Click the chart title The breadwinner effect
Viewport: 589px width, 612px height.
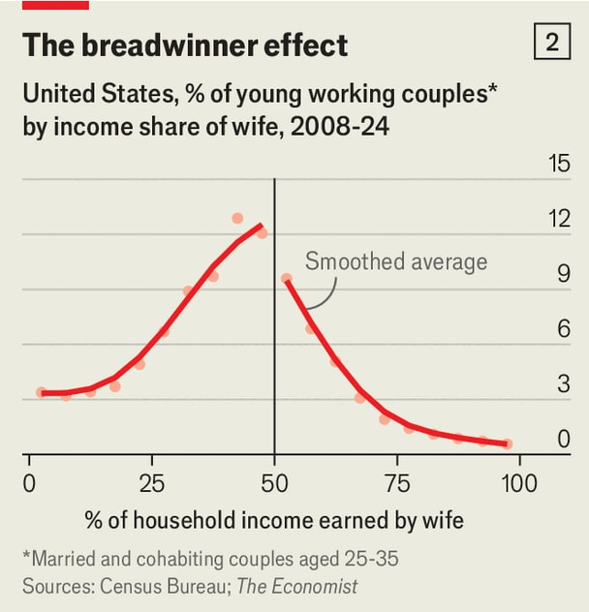tap(185, 45)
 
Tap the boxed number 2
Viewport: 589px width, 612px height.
tap(552, 42)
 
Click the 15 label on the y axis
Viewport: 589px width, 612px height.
tap(559, 163)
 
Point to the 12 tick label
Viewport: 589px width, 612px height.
tap(559, 218)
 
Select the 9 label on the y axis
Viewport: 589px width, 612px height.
tap(564, 274)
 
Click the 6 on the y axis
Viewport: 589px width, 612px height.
tap(564, 328)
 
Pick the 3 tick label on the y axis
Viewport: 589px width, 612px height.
tap(564, 384)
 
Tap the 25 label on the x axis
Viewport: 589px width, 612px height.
tap(152, 483)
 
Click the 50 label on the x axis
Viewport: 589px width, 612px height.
tap(274, 483)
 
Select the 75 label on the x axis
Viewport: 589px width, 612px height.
tap(397, 483)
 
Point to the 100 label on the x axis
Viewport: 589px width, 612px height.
tap(519, 483)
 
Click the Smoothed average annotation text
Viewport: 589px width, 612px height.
tap(396, 261)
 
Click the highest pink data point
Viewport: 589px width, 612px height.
tap(237, 218)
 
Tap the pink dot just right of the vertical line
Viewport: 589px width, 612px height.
tap(287, 278)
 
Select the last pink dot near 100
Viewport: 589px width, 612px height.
tap(507, 444)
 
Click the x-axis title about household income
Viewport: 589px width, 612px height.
tap(274, 521)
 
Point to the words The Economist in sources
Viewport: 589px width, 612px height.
tap(296, 586)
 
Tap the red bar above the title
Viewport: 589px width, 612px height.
tap(55, 5)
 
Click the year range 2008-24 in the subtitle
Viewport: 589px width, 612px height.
tap(340, 127)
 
